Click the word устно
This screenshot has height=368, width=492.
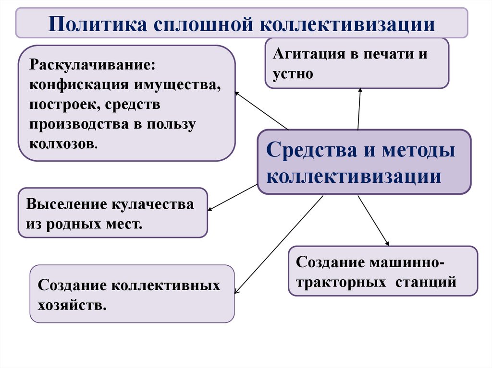click(293, 74)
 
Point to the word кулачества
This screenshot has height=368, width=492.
click(153, 204)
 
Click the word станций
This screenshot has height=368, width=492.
click(426, 282)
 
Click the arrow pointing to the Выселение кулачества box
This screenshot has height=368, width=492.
click(233, 197)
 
